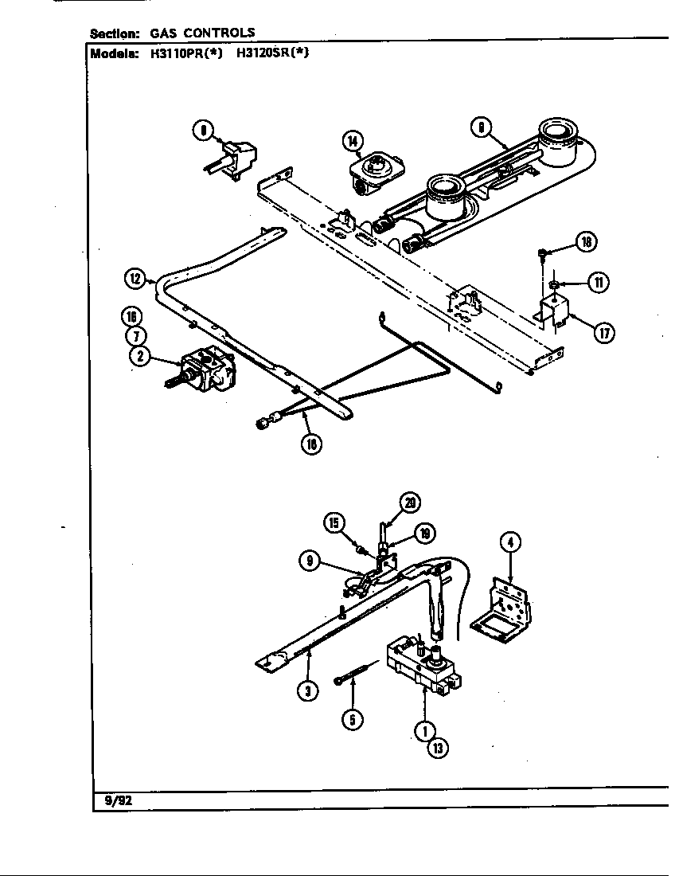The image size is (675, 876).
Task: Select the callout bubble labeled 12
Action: click(136, 279)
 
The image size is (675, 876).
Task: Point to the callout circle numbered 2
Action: click(140, 357)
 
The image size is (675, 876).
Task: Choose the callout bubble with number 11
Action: click(597, 282)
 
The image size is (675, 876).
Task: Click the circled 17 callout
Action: click(604, 334)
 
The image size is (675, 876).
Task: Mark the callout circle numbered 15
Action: click(334, 523)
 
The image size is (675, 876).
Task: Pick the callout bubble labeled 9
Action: click(310, 561)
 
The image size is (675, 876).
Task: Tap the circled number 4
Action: click(510, 543)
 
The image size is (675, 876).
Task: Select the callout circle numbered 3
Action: click(307, 690)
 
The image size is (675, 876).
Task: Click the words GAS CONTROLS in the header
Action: click(203, 33)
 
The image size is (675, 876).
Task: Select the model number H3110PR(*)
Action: click(187, 54)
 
